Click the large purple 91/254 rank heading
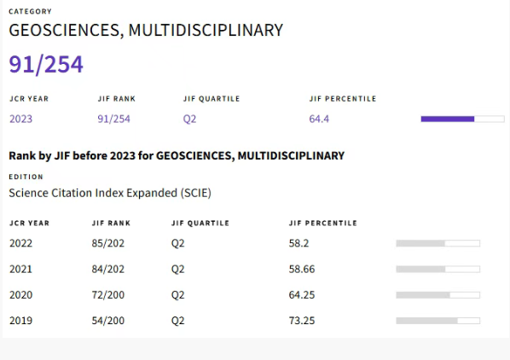point(46,64)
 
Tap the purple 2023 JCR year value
point(20,119)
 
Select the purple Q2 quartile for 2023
point(189,119)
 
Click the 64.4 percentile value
point(319,119)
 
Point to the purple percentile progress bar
point(463,119)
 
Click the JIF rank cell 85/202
point(108,243)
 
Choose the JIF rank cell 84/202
point(108,270)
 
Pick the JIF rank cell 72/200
point(108,295)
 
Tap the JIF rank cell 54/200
point(108,321)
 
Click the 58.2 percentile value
point(298,243)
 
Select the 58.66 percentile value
point(302,270)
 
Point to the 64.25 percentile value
point(302,295)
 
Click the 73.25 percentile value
point(302,321)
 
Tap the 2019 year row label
point(20,321)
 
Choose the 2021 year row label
point(20,270)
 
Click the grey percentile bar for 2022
point(438,243)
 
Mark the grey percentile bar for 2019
point(438,321)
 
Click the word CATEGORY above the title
point(30,12)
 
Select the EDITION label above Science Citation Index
point(26,177)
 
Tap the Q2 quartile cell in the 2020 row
point(178,295)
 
